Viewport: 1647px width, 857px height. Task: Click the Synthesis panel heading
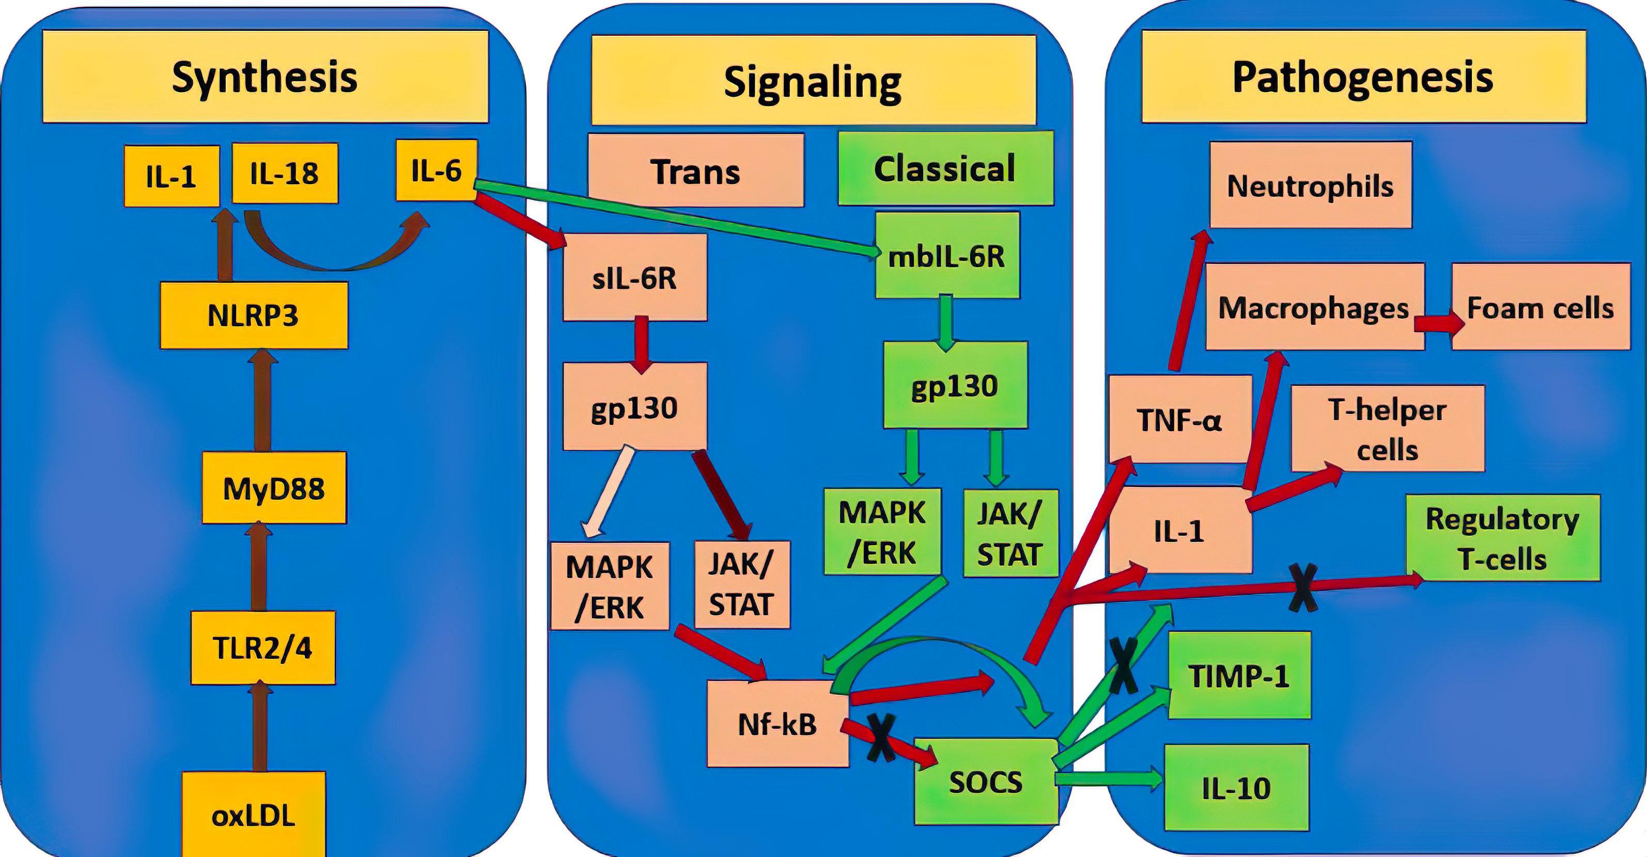[266, 77]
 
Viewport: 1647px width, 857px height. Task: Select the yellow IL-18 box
[285, 173]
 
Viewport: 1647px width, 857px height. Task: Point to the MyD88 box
[274, 488]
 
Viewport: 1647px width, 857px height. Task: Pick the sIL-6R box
[635, 277]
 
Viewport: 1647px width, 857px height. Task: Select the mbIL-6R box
[947, 256]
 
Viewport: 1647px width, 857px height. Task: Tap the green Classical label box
[945, 169]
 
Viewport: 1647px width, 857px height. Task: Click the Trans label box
[695, 171]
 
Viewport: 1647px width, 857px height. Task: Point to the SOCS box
[986, 782]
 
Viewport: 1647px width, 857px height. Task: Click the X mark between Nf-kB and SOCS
[881, 738]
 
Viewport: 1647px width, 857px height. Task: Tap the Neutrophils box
[1311, 185]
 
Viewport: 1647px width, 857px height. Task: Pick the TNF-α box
[1179, 420]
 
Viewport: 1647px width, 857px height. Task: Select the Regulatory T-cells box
[1502, 538]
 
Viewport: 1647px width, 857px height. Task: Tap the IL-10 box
[1236, 788]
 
